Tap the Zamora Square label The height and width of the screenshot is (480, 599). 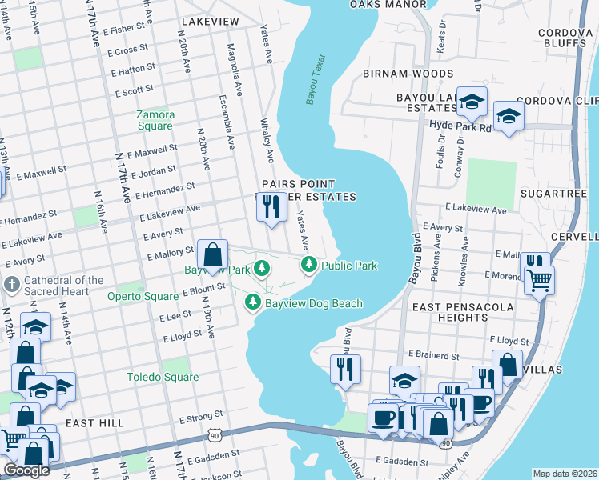tap(155, 120)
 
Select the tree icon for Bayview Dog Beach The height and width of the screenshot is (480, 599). tap(253, 302)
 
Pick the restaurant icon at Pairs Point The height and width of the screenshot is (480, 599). tap(271, 208)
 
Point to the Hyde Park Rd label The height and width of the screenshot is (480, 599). tap(460, 126)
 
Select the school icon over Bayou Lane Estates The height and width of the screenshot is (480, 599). tap(472, 101)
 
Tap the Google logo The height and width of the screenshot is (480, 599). tap(26, 470)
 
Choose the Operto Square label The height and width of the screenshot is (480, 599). tap(143, 296)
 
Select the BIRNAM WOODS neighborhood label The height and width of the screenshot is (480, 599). tap(408, 73)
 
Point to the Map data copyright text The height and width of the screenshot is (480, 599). tap(565, 474)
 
